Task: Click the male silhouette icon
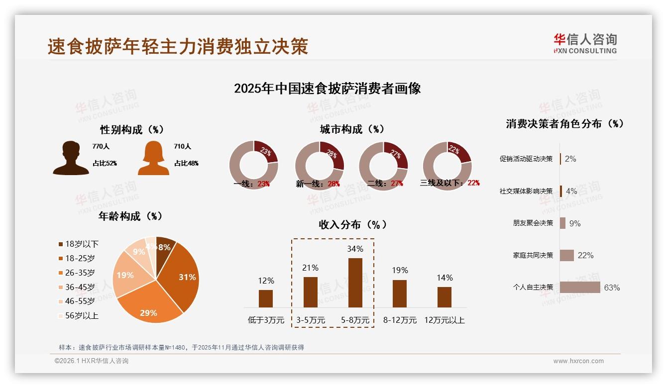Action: (x=71, y=158)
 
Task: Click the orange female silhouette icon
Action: (x=153, y=158)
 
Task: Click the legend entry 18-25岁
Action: (x=80, y=258)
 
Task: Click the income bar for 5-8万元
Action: (x=355, y=283)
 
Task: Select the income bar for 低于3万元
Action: (x=266, y=298)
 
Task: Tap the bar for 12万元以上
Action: (x=445, y=297)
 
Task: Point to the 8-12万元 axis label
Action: (x=400, y=320)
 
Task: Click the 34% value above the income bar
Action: (x=355, y=249)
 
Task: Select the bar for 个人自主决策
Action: (x=580, y=287)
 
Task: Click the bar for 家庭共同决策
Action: (x=567, y=255)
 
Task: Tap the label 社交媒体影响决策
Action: (x=526, y=191)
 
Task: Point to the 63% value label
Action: (x=612, y=288)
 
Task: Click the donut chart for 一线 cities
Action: (x=253, y=165)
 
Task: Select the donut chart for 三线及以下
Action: (x=447, y=165)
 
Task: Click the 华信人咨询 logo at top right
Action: (x=585, y=44)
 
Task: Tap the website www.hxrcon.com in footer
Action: (x=578, y=361)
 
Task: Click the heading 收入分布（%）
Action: (x=352, y=224)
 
